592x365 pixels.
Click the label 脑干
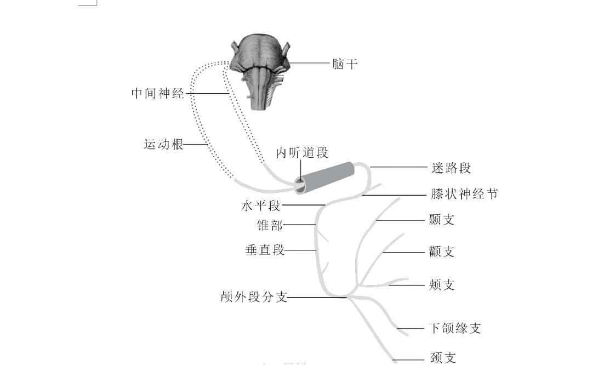[x=345, y=64]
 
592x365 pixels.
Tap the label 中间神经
[x=158, y=93]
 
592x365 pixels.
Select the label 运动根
[x=163, y=145]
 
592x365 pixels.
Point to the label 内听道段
[x=301, y=153]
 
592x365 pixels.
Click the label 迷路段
[x=451, y=168]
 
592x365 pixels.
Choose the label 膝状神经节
[x=464, y=195]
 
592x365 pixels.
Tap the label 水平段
[x=261, y=206]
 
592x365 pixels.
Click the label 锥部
[x=270, y=225]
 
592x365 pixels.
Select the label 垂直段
[x=265, y=250]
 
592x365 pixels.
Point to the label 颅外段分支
[x=254, y=298]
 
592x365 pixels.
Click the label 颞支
[x=442, y=220]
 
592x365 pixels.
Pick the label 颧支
[x=442, y=252]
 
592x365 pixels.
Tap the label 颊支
[x=442, y=285]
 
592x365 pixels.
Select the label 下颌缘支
[x=455, y=328]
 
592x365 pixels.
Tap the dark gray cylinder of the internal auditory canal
[x=328, y=176]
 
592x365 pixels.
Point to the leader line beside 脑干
[x=310, y=64]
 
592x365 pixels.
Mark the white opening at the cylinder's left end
[x=300, y=186]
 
